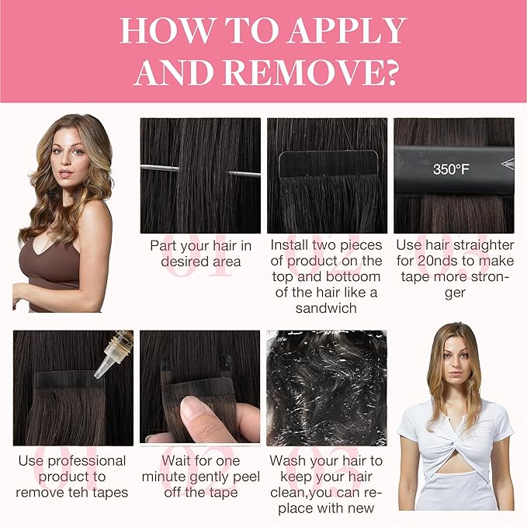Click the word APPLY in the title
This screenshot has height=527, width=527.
pos(348,30)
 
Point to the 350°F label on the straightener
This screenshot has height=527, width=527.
pos(451,168)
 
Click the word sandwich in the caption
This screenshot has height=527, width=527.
pos(326,308)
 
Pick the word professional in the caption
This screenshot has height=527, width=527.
pos(87,462)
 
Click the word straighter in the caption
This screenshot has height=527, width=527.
pos(484,246)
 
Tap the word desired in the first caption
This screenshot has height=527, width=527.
pos(184,262)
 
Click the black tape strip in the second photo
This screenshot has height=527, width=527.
pos(328,164)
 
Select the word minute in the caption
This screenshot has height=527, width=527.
pos(163,477)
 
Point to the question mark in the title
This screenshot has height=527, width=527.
pos(391,73)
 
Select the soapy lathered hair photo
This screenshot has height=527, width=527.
pos(326,388)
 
